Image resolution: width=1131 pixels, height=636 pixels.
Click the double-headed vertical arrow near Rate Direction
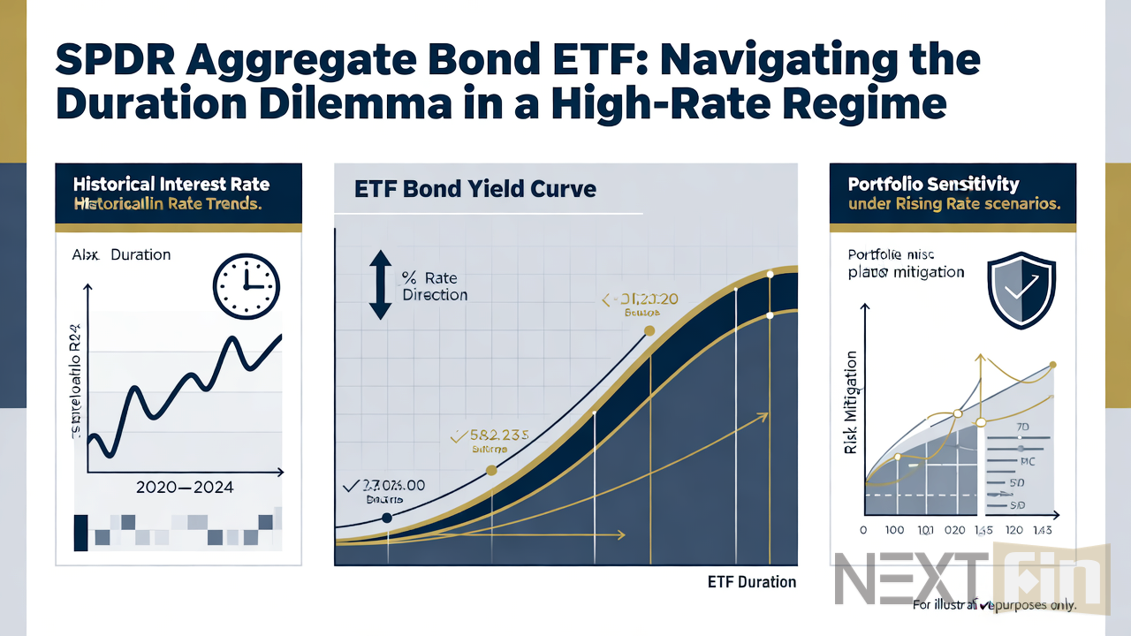click(380, 284)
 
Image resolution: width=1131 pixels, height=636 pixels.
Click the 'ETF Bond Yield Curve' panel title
click(474, 188)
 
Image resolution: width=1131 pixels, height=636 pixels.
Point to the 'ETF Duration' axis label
click(751, 581)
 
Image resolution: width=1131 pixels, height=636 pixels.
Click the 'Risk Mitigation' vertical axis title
click(851, 402)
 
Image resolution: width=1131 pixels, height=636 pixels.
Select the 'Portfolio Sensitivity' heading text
click(933, 185)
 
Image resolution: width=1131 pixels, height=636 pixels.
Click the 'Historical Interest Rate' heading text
click(171, 185)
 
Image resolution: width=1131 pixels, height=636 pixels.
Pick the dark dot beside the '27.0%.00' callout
click(386, 519)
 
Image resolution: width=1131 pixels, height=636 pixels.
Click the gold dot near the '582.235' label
click(491, 470)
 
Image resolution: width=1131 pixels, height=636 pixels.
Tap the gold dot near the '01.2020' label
click(649, 330)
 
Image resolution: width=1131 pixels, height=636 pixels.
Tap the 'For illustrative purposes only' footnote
click(994, 606)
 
